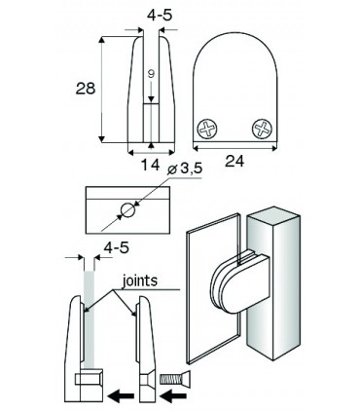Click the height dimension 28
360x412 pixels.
[x=85, y=90]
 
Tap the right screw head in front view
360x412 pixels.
[x=263, y=128]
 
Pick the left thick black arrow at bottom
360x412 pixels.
[x=122, y=396]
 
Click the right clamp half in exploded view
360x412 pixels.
[x=146, y=351]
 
